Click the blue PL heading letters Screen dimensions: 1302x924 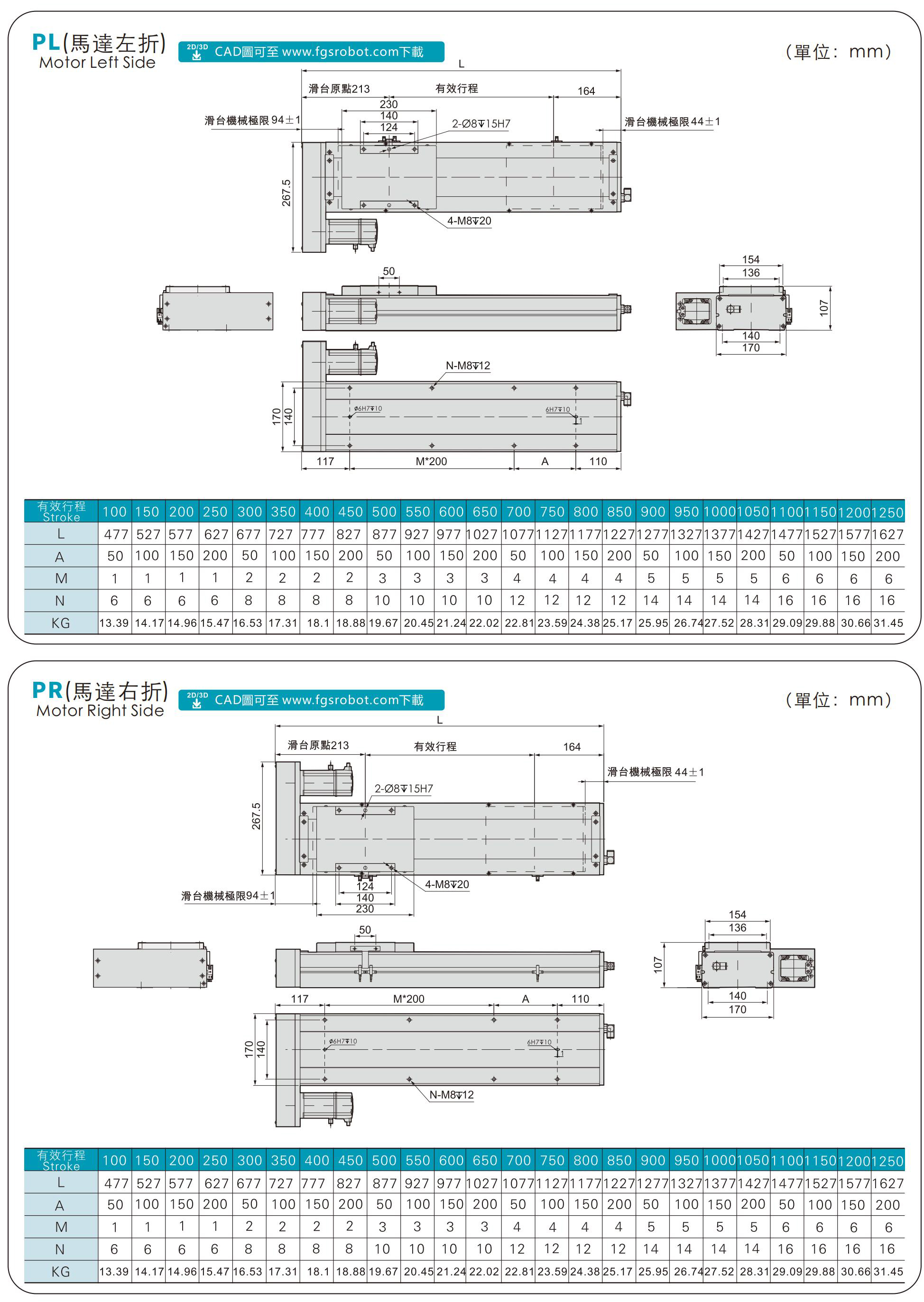tap(46, 42)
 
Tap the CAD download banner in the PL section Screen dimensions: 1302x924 tap(311, 52)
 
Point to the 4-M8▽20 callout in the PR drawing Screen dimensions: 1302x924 tap(447, 884)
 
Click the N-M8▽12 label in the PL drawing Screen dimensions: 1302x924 tap(468, 365)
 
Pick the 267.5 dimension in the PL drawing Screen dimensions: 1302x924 tap(286, 193)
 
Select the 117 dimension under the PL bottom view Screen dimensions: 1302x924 tap(325, 461)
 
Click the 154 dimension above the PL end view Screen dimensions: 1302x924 tap(750, 259)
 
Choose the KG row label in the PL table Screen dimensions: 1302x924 tap(60, 623)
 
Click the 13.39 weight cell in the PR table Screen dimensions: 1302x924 tap(114, 1271)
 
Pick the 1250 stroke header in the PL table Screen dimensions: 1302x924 tap(887, 512)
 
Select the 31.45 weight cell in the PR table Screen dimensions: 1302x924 tap(888, 1271)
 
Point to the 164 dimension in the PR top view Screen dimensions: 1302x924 tap(572, 746)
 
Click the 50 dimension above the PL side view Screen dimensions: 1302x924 tap(388, 271)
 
